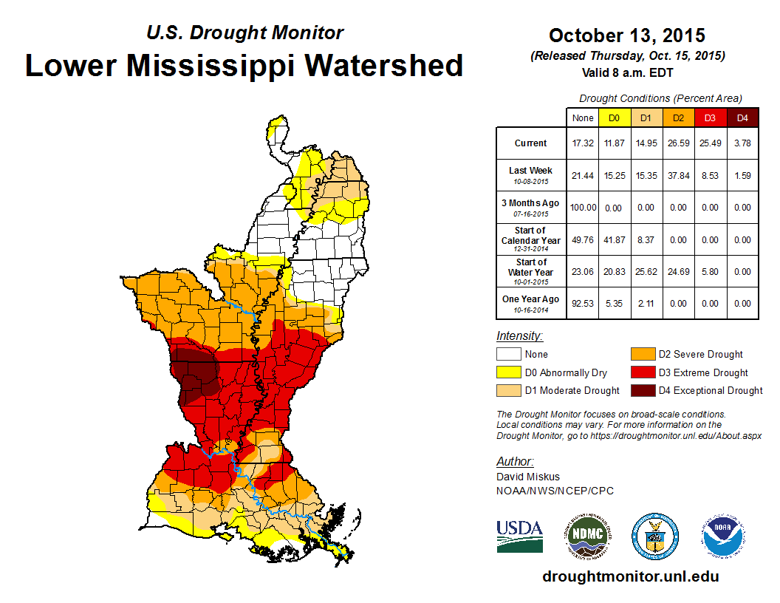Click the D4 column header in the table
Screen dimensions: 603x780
742,117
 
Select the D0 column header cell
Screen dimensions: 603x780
614,117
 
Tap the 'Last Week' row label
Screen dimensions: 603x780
530,174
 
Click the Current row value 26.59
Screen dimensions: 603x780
677,143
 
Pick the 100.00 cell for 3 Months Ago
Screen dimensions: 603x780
582,208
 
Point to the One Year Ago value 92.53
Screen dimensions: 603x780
582,303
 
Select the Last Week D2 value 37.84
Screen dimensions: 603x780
677,176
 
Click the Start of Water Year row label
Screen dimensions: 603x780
530,271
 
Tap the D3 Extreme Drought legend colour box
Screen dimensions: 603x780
640,372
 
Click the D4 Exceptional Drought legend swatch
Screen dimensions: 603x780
640,390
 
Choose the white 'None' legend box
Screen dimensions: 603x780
508,355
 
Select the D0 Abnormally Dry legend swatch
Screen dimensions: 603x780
508,372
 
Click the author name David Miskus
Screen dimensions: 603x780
527,477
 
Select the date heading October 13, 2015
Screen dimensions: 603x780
627,35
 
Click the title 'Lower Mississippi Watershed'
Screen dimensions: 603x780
244,65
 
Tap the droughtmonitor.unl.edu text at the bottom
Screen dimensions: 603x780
630,576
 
